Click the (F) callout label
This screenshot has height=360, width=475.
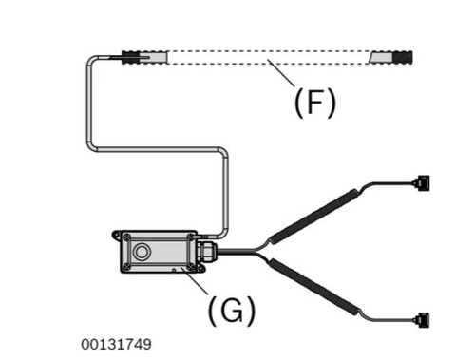click(x=314, y=103)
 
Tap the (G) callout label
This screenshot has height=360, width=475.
click(x=232, y=311)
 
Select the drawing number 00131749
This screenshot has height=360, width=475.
click(x=116, y=344)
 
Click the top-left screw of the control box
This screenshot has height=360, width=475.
click(x=127, y=237)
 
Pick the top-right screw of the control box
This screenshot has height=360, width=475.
click(x=190, y=237)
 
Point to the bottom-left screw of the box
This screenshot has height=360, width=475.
click(x=127, y=266)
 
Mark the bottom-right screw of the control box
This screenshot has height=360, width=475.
click(x=191, y=266)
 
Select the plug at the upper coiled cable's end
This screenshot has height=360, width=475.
click(x=422, y=182)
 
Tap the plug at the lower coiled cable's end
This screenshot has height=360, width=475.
click(x=422, y=320)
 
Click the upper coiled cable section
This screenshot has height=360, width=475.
click(x=314, y=216)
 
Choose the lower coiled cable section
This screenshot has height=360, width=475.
click(x=314, y=287)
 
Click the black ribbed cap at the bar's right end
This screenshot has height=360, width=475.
click(x=403, y=57)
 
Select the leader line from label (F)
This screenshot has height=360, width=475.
click(x=281, y=72)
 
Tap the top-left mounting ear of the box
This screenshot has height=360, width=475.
click(x=117, y=235)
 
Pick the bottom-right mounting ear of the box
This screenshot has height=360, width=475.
click(x=200, y=269)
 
